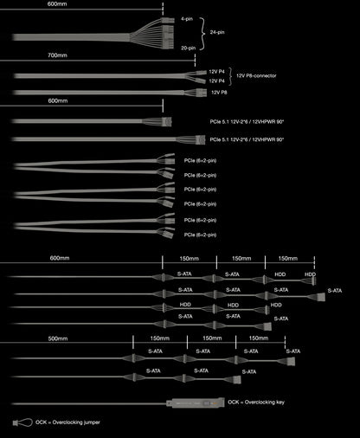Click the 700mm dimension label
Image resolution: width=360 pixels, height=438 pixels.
57,55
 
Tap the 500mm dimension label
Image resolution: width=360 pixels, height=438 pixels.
58,338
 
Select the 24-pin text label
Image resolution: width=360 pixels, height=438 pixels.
217,32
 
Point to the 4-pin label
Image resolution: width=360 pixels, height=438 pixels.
187,19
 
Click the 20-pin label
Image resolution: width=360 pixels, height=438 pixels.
188,48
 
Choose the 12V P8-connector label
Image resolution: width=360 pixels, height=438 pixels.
256,75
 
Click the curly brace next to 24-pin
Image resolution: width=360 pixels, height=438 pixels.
202,34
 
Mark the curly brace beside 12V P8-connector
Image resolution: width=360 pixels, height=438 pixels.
230,77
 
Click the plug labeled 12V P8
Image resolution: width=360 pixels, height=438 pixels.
202,93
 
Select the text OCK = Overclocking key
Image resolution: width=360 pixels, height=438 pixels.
256,402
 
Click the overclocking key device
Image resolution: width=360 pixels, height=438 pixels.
196,403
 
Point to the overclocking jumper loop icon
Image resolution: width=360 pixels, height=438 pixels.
22,422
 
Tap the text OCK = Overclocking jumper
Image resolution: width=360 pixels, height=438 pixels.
67,422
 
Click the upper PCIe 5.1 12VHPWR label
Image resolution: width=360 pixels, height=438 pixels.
247,122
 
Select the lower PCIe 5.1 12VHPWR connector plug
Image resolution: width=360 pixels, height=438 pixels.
200,140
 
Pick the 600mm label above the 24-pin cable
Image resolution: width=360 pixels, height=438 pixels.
57,4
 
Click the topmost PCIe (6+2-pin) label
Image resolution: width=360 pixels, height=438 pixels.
200,160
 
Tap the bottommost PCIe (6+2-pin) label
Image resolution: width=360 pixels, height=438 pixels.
200,235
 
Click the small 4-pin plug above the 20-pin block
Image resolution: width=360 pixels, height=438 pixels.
168,21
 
